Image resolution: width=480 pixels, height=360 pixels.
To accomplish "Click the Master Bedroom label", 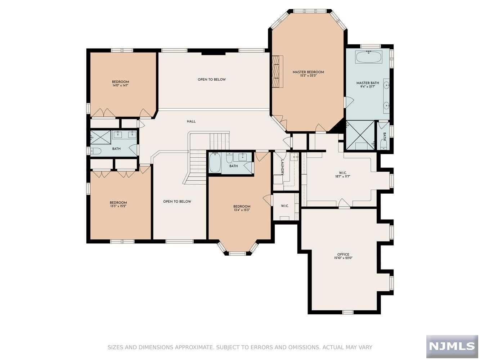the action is tap(308, 72).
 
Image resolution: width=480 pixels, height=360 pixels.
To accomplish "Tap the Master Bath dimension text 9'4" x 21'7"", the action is tap(368, 86).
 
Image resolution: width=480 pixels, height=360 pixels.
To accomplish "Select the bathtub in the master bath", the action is tap(369, 57).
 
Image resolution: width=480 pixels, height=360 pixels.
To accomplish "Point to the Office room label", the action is tap(343, 255).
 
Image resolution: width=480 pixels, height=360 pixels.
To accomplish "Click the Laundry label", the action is tap(282, 167).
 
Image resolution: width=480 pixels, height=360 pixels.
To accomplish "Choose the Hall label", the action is tap(191, 121).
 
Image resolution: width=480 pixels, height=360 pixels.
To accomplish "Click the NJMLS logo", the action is tap(452, 346).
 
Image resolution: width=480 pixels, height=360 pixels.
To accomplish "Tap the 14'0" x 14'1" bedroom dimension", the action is tap(120, 85).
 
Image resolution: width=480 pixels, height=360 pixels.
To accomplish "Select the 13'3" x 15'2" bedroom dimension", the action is tap(118, 206).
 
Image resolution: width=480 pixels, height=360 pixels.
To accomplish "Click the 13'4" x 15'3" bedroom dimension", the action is tap(242, 210).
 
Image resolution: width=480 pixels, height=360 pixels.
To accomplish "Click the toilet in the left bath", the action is tap(95, 151).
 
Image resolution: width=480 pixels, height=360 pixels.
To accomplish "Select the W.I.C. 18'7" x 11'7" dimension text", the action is tap(343, 176).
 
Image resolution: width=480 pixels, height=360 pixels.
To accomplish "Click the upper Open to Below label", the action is tap(212, 79).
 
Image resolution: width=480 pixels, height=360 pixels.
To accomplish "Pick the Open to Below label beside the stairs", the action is tap(177, 201).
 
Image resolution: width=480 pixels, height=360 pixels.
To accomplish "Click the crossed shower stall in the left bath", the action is tap(100, 137).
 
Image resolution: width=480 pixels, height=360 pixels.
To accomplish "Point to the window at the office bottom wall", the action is tap(348, 312).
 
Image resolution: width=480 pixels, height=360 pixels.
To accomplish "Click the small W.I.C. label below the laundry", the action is tap(285, 206).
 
